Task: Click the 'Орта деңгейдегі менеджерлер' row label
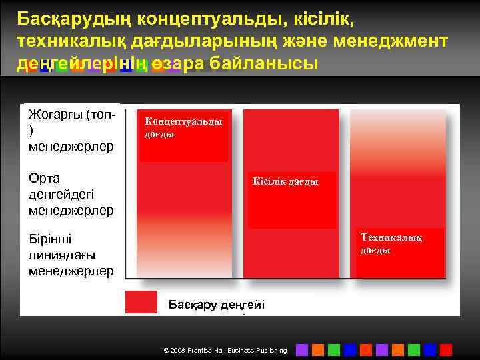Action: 71,194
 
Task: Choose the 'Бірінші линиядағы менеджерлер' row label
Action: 71,255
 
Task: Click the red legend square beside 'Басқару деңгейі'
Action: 141,302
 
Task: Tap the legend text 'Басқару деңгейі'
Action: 216,305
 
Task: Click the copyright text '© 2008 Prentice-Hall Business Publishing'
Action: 225,350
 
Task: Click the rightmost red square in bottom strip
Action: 446,349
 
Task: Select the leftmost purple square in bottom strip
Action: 302,349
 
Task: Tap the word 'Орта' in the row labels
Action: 44,179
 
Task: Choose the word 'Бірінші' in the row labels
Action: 50,239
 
